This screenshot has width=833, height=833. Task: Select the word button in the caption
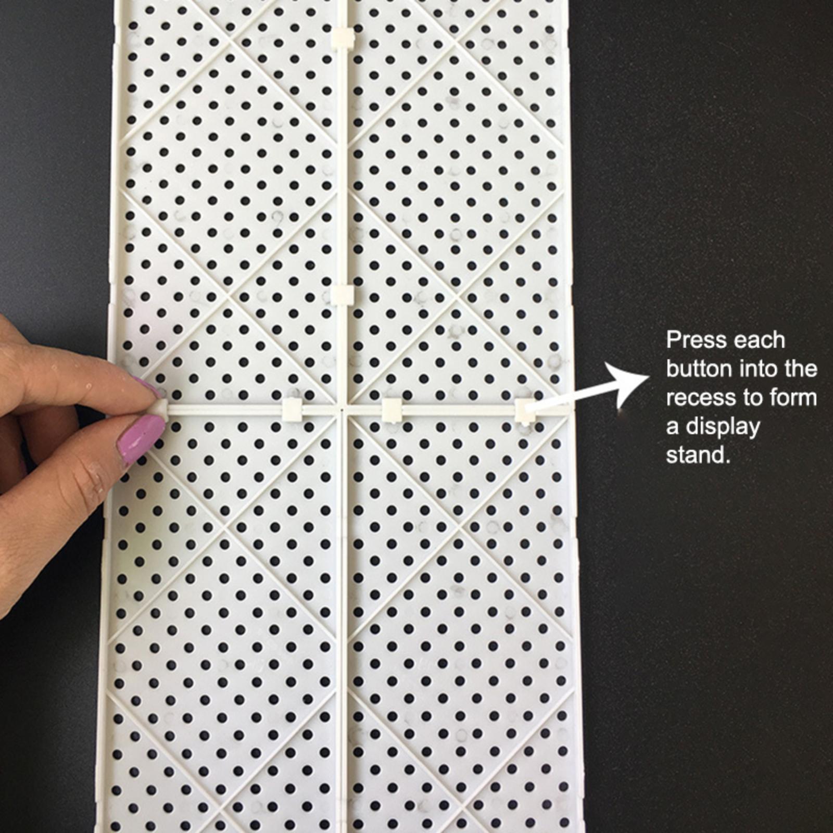click(x=699, y=369)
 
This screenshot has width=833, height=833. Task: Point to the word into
click(x=758, y=369)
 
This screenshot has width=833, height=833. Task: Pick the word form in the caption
click(x=794, y=398)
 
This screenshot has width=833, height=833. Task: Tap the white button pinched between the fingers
click(x=159, y=408)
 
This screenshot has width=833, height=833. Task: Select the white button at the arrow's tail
click(x=525, y=411)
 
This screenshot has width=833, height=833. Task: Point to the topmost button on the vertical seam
click(x=342, y=38)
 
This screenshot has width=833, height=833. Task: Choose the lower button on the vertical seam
click(x=342, y=295)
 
